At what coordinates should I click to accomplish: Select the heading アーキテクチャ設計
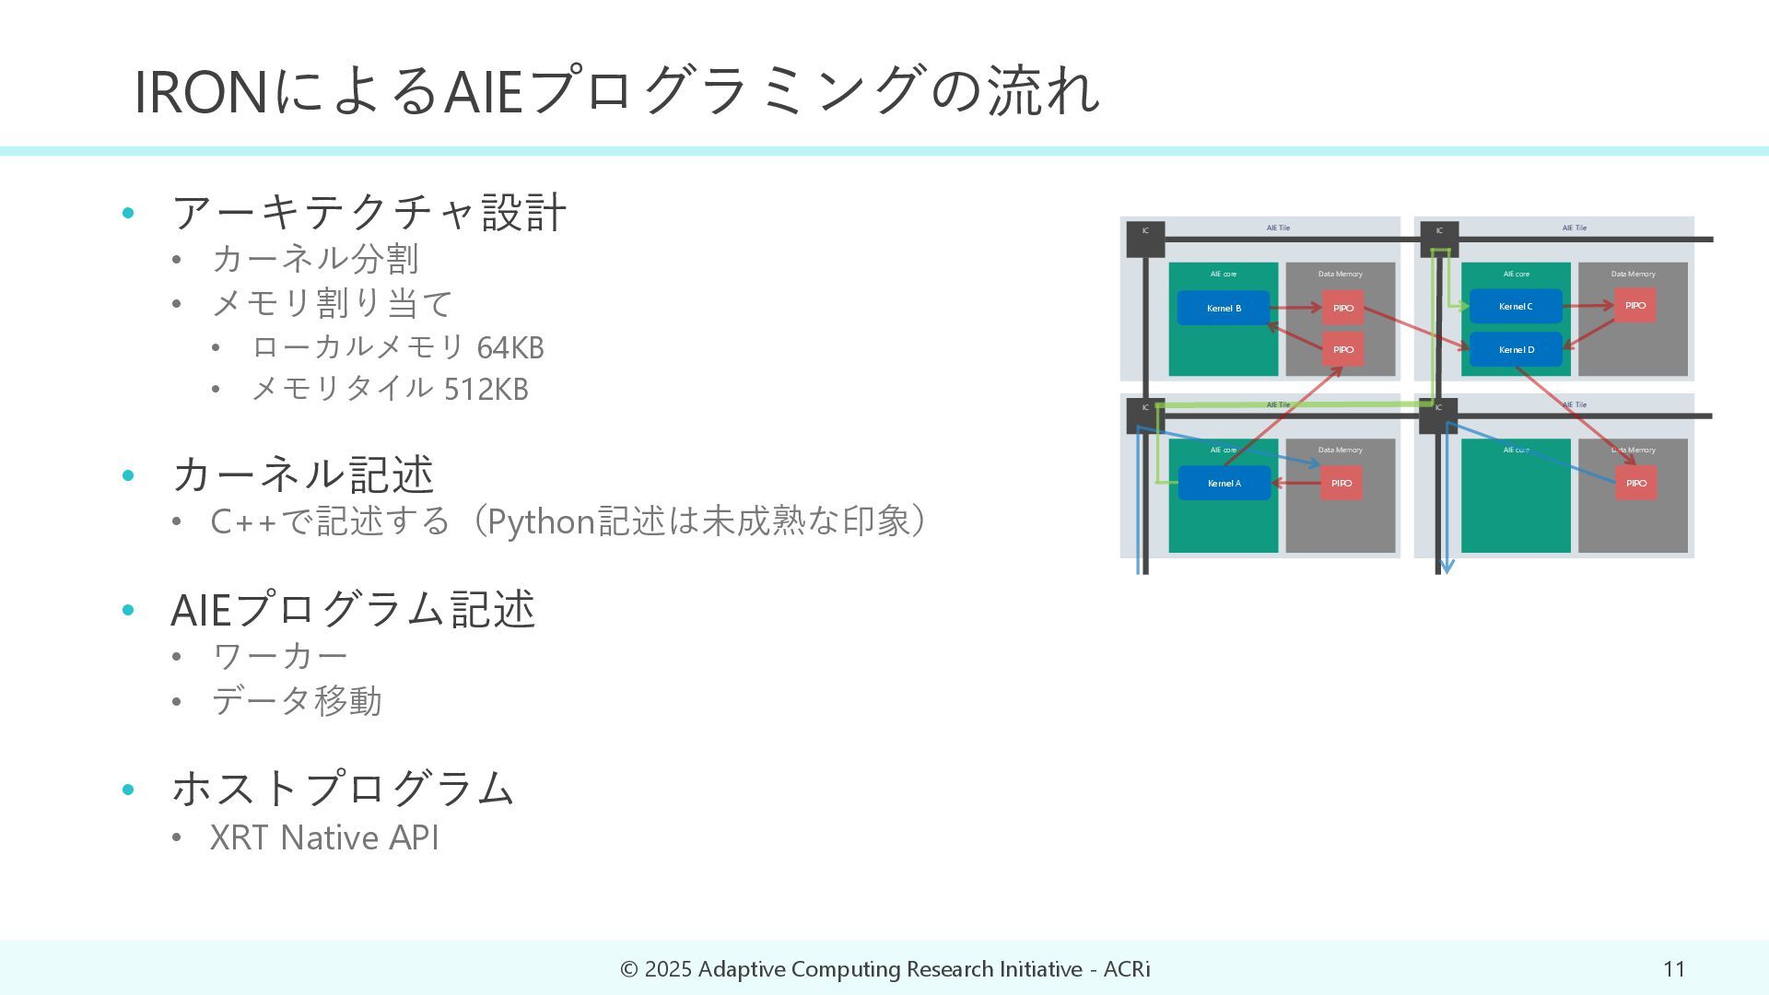pos(369,212)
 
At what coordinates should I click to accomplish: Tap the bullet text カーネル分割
pos(315,259)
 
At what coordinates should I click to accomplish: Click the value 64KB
pos(510,348)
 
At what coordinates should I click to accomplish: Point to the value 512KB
pos(486,390)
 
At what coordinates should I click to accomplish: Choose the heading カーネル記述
pos(302,474)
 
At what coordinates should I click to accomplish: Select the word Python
pos(540,521)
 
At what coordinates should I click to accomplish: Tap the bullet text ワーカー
pos(280,656)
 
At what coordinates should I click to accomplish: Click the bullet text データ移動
pos(297,701)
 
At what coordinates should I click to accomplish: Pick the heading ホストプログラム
pos(343,789)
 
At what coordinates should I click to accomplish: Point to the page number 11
pos(1674,969)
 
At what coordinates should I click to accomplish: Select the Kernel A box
pos(1224,484)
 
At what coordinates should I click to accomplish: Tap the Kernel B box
pos(1223,308)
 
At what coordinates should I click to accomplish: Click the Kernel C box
pos(1516,306)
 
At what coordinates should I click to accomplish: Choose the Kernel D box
pos(1516,350)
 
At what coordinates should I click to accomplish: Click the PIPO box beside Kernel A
pos(1341,484)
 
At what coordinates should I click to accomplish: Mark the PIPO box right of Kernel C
pos(1634,306)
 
